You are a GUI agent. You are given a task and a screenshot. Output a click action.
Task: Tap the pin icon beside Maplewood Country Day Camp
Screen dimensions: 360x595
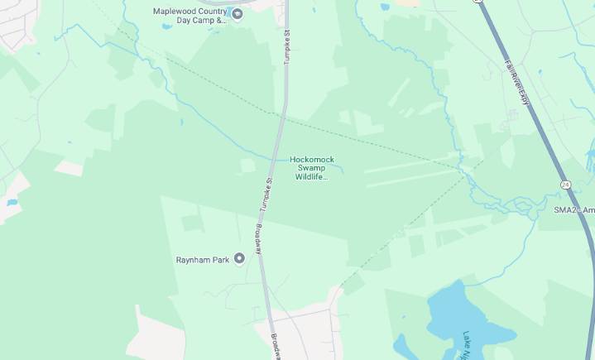[237, 12]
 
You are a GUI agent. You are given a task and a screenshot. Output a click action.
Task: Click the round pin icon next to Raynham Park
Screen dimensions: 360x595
[240, 259]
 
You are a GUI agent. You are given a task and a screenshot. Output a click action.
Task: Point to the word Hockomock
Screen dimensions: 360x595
[312, 160]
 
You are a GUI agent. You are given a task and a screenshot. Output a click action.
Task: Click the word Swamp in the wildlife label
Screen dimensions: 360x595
[312, 168]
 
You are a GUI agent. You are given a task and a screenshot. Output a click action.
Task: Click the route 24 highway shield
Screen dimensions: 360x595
[564, 184]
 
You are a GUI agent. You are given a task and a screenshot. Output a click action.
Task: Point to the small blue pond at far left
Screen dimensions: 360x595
[12, 202]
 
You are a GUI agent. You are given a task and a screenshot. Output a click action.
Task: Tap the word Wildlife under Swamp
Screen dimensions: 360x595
[312, 176]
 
